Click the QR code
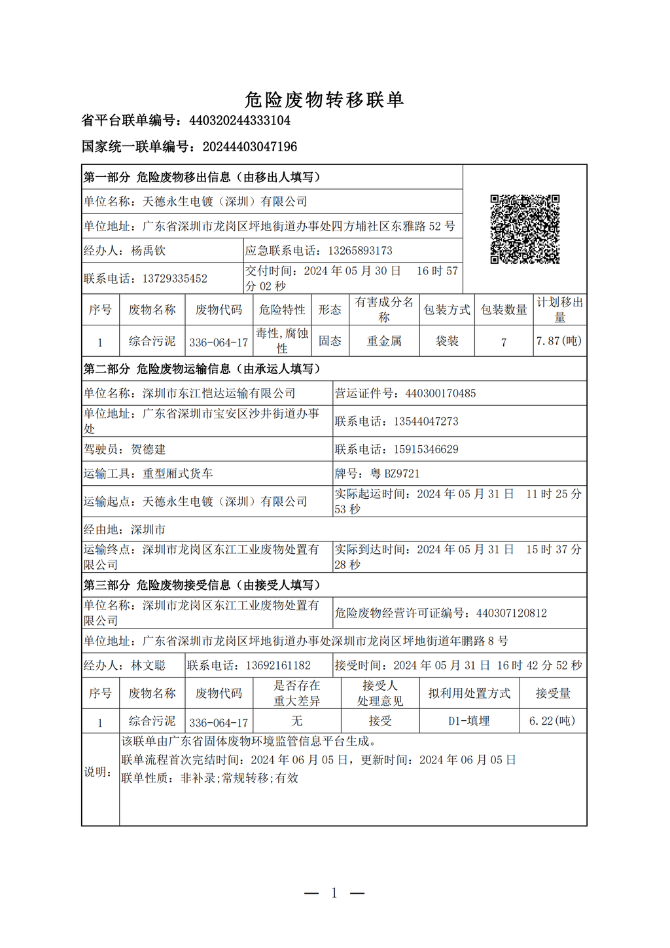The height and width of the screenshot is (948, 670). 525,229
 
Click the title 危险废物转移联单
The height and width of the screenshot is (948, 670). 325,100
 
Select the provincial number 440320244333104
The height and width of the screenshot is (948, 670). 239,120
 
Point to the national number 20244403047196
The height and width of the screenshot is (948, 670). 249,147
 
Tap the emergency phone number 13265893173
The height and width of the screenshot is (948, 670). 360,251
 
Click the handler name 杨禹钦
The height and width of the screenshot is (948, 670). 149,251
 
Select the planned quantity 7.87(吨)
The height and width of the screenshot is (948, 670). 559,341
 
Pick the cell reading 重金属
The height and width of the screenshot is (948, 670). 384,341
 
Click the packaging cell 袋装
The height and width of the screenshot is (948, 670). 447,341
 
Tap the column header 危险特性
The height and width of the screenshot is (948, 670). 282,310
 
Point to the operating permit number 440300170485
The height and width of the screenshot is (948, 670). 440,393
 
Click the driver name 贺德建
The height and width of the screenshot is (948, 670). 149,449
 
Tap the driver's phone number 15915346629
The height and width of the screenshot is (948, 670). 426,449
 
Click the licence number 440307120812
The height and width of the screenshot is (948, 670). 511,613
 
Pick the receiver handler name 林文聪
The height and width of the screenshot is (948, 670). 149,666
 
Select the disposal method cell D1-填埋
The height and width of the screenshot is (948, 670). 468,721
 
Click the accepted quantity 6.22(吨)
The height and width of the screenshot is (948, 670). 552,721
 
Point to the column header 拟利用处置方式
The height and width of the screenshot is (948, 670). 468,693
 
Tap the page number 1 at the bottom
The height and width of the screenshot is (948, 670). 334,893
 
